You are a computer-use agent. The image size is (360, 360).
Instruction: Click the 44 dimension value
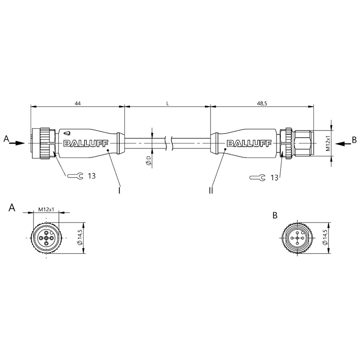(77, 103)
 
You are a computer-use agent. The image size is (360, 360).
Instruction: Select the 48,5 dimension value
(262, 103)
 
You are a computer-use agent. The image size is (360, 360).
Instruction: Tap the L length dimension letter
(167, 103)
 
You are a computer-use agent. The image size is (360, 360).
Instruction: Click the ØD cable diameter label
(148, 160)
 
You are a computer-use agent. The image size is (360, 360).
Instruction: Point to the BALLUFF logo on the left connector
(85, 144)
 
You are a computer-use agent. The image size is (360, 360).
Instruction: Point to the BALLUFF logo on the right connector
(249, 144)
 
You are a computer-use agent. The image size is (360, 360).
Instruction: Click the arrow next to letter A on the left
(17, 143)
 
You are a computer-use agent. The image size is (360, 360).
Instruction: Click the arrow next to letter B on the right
(343, 144)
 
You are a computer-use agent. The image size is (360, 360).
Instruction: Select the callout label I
(119, 190)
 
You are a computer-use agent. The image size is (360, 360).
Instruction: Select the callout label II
(211, 190)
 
